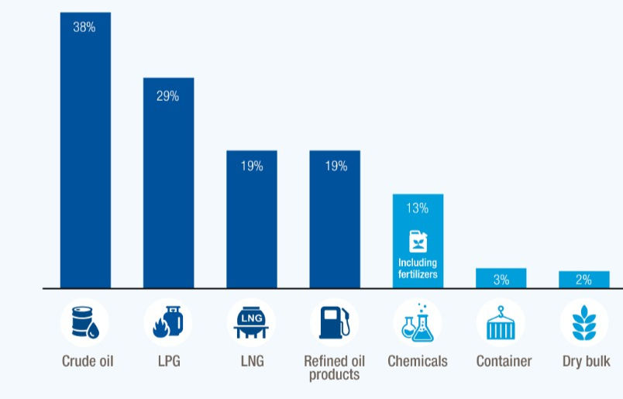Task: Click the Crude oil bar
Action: tap(85, 155)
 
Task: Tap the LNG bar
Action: tap(251, 225)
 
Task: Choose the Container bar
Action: tap(501, 278)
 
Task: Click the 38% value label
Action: tap(84, 27)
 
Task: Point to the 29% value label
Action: tap(167, 97)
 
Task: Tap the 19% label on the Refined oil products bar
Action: tap(335, 166)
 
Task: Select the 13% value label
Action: tap(417, 208)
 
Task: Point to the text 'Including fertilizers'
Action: tap(418, 268)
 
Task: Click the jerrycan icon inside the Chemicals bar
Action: tap(418, 242)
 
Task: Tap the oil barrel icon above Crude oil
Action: tap(84, 323)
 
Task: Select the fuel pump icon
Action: tap(334, 323)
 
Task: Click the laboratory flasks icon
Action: tap(417, 323)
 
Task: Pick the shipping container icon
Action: tap(500, 323)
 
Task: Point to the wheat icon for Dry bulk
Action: tap(585, 323)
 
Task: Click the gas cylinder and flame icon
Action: tap(167, 323)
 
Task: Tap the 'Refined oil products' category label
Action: tap(334, 368)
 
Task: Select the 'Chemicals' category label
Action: tap(417, 362)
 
